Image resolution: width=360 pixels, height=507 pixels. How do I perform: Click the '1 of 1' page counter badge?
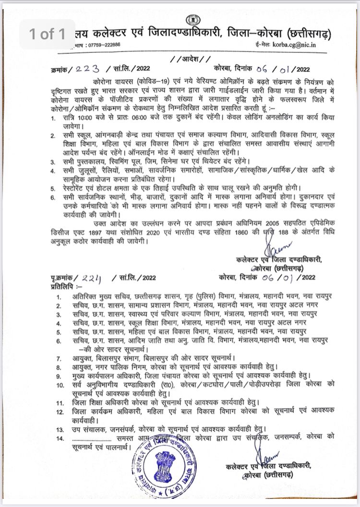click(47, 34)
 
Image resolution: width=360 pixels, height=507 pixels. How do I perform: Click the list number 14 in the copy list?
click(60, 437)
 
